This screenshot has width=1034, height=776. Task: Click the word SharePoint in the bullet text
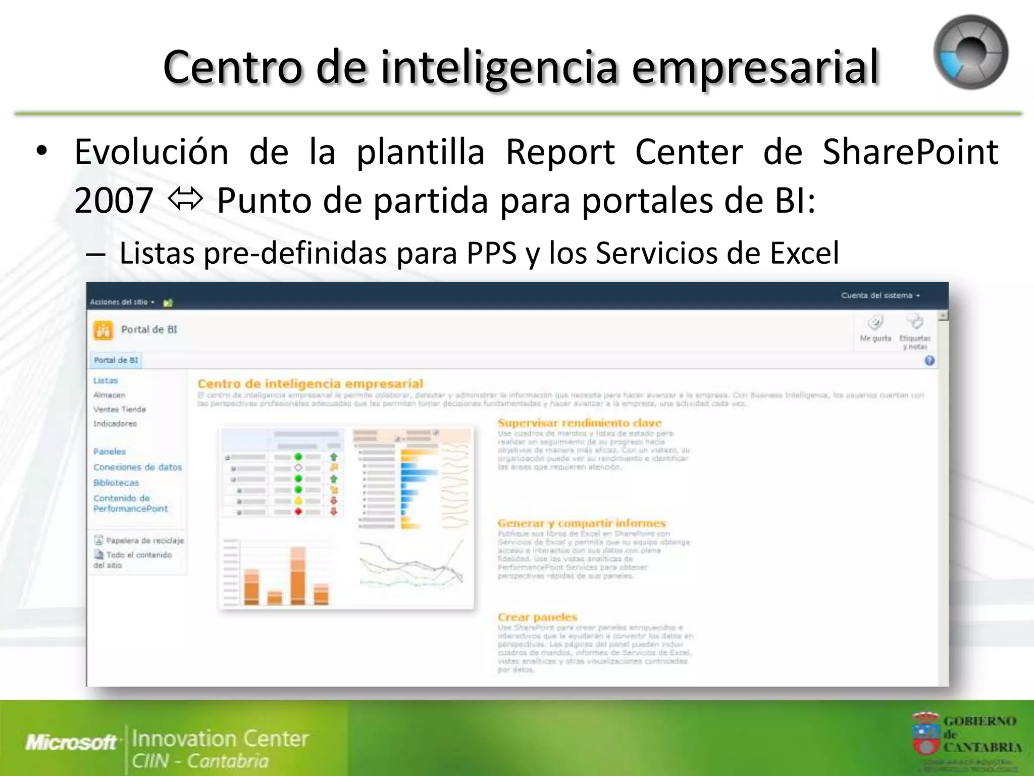910,152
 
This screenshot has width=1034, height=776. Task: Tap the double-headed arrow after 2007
185,200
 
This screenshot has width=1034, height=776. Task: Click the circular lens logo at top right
970,53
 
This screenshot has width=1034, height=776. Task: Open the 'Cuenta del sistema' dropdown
880,296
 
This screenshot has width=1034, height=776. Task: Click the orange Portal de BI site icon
104,330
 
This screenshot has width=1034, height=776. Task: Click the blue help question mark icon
929,361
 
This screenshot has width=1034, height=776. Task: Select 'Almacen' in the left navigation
109,395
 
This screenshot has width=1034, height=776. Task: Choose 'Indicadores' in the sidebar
115,424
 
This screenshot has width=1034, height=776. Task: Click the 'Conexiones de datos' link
137,467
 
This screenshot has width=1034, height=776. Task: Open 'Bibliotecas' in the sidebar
116,483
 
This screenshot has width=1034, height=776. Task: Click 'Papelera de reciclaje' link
144,541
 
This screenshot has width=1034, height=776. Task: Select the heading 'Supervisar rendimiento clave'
579,423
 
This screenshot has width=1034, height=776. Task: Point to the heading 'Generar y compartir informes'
581,523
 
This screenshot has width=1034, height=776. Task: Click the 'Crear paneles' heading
537,617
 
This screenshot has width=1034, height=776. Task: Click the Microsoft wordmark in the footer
71,742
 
